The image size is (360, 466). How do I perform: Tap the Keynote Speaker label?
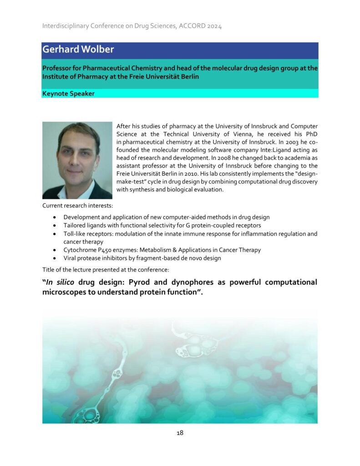tap(68, 94)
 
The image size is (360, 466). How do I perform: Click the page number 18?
tap(180, 433)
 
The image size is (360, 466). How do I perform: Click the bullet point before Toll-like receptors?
tap(55, 234)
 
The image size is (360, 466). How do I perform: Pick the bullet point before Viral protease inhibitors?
tap(55, 258)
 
